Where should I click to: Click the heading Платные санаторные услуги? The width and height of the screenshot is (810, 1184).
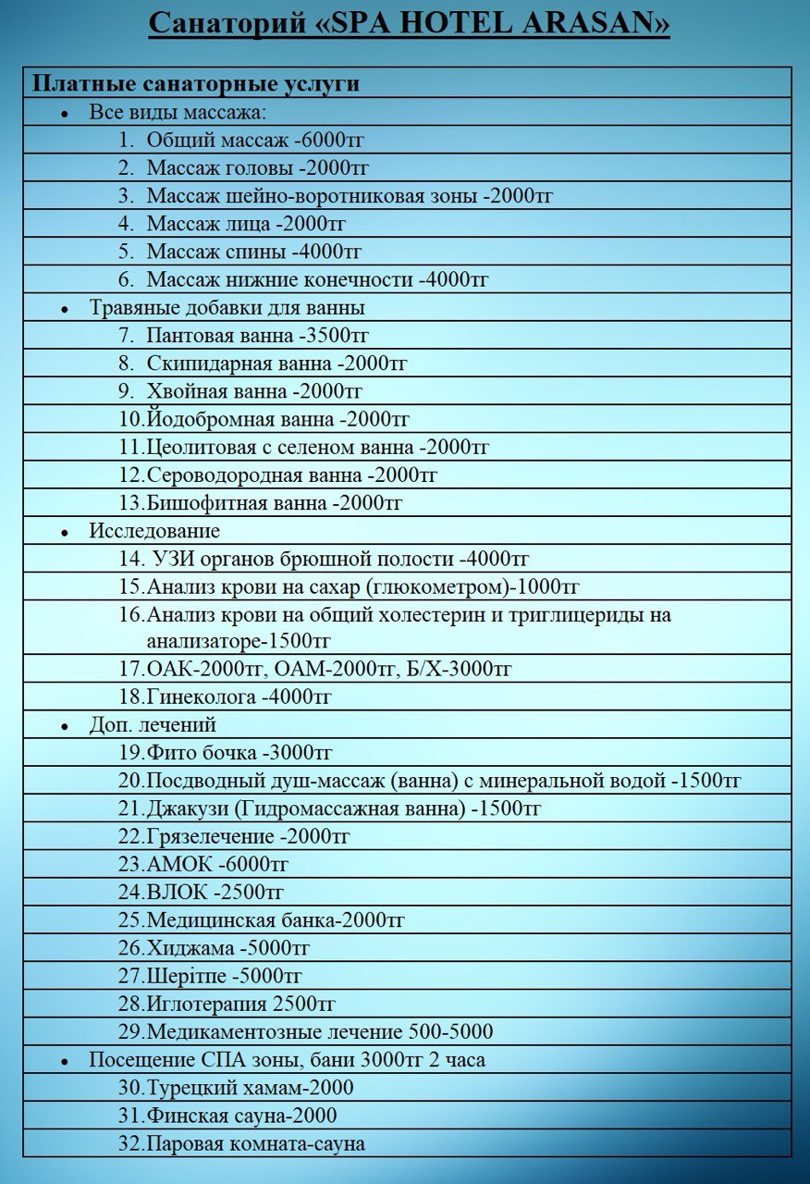pyautogui.click(x=196, y=83)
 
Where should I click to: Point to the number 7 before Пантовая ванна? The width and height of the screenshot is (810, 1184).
pyautogui.click(x=127, y=336)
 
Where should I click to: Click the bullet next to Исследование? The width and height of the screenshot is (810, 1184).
pyautogui.click(x=65, y=534)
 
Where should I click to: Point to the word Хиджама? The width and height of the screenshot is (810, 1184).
pyautogui.click(x=190, y=949)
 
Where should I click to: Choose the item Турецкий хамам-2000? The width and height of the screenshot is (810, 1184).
pyautogui.click(x=250, y=1088)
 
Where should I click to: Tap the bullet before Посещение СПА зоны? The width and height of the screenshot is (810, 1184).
pyautogui.click(x=65, y=1062)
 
